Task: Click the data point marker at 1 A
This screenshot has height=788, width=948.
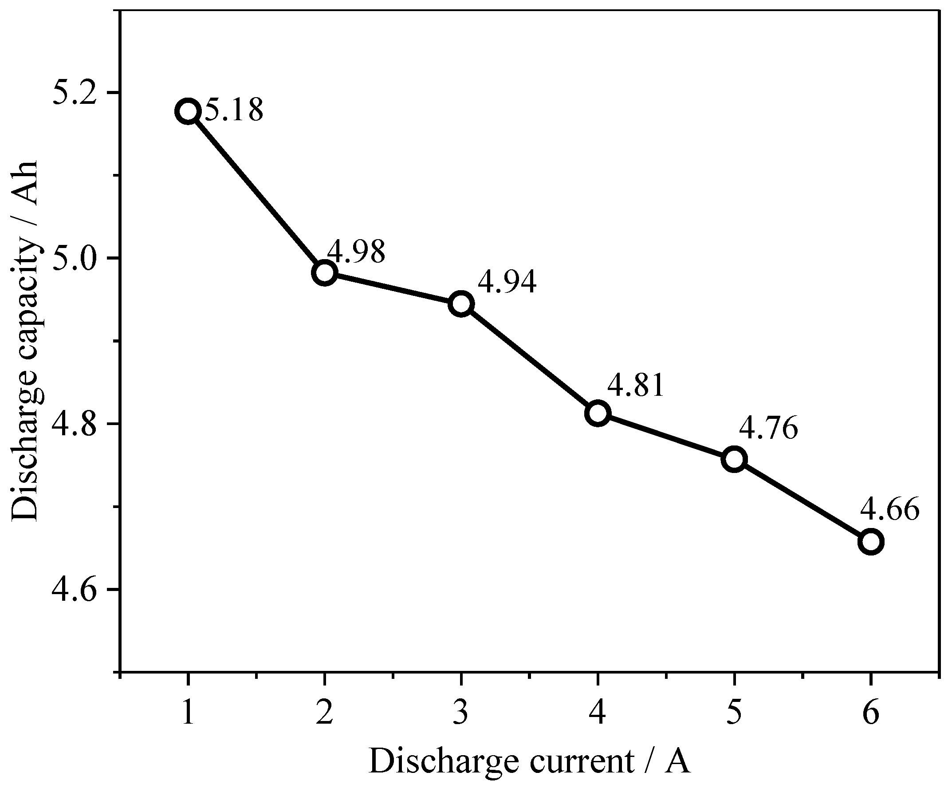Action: [188, 111]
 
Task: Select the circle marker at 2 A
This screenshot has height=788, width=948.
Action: [325, 273]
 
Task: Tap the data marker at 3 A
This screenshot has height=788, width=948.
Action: [461, 304]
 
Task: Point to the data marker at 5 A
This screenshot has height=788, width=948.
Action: [734, 459]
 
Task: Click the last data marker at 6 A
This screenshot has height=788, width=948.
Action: [871, 542]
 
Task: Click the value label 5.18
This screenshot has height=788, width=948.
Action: [234, 110]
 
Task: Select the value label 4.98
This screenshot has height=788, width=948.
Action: [356, 252]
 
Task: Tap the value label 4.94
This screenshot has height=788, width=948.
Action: [507, 282]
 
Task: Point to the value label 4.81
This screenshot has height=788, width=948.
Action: [636, 386]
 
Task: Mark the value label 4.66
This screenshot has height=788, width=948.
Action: [889, 510]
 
